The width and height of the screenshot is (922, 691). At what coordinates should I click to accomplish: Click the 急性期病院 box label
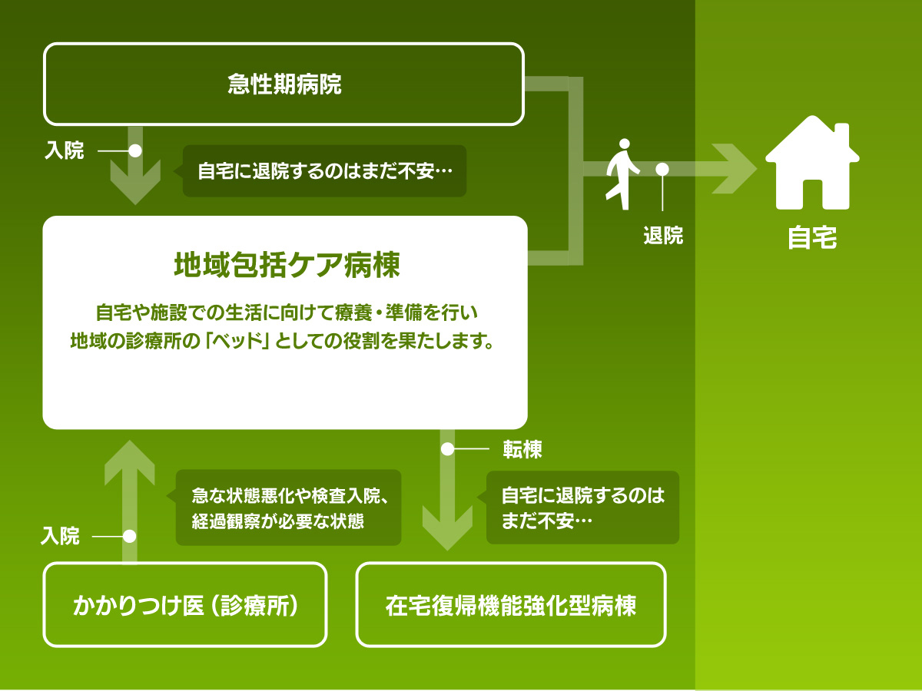[x=284, y=84]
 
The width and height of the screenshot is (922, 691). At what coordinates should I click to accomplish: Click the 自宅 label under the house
[x=812, y=238]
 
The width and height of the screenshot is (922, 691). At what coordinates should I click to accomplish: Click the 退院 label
[x=663, y=236]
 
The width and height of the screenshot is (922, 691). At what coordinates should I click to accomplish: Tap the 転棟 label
[x=522, y=450]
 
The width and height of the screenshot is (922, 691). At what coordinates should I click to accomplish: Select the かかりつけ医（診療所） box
[x=185, y=605]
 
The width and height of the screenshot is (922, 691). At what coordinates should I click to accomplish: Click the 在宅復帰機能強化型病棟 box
[x=511, y=605]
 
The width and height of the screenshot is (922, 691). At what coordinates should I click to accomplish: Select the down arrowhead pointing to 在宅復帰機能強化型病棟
[x=448, y=530]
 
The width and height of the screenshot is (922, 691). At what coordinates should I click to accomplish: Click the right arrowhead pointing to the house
[x=738, y=169]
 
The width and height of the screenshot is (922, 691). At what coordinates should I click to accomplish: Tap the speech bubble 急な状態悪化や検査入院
[x=289, y=508]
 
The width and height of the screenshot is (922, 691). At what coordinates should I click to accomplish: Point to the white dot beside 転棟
[x=448, y=450]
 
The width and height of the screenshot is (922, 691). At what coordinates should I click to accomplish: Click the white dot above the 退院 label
[x=662, y=169]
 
